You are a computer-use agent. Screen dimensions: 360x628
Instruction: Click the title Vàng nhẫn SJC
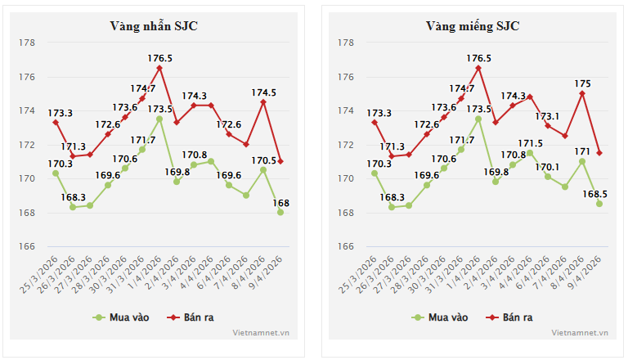tap(154, 25)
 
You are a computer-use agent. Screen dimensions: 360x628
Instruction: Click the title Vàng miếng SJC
tap(472, 25)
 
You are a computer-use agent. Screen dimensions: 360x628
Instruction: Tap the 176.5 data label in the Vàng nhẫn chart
tap(159, 59)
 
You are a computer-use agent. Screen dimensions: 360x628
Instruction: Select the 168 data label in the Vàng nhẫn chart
tap(281, 203)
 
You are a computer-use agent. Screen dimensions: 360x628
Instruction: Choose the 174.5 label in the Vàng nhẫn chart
tap(262, 92)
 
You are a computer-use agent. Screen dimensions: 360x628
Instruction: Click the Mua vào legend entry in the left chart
tap(124, 317)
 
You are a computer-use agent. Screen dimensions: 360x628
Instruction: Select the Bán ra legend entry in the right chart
tap(509, 317)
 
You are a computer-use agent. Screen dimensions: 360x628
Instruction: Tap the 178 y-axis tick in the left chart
tap(29, 43)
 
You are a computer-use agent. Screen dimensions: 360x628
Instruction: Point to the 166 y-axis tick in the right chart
tap(345, 246)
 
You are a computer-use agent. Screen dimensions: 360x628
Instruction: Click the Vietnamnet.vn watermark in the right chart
tap(579, 333)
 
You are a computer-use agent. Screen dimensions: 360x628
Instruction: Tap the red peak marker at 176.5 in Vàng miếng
tap(478, 68)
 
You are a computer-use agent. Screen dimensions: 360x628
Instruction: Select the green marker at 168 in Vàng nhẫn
tap(280, 213)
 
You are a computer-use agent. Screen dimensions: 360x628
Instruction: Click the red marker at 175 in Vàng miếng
tap(582, 93)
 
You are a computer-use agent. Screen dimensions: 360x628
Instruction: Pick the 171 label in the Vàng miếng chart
tap(583, 151)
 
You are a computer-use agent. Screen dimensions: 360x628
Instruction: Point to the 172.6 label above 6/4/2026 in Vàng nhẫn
tap(228, 124)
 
